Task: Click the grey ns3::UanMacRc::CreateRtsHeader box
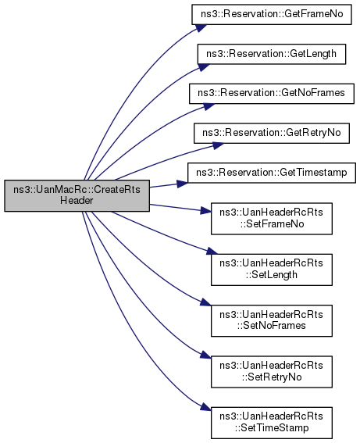(77, 195)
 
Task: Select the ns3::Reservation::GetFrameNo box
(272, 14)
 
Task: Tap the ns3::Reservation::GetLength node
(272, 54)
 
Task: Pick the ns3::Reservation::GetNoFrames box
(272, 94)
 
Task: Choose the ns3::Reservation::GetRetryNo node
(272, 133)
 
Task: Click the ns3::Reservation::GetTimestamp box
(272, 173)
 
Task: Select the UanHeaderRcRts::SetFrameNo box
(272, 219)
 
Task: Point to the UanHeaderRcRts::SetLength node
(272, 270)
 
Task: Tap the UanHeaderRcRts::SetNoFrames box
(272, 320)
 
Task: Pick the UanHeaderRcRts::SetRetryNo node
(272, 372)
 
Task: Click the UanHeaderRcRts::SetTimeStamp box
(272, 423)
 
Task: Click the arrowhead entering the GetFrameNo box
(201, 27)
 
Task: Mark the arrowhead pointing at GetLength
(204, 67)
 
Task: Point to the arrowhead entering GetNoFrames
(209, 106)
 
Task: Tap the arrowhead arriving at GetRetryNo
(218, 145)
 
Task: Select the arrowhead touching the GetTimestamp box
(183, 184)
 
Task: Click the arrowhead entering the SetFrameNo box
(206, 211)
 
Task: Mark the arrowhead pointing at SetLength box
(212, 251)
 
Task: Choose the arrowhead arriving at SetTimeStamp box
(205, 407)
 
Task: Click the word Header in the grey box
(77, 201)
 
